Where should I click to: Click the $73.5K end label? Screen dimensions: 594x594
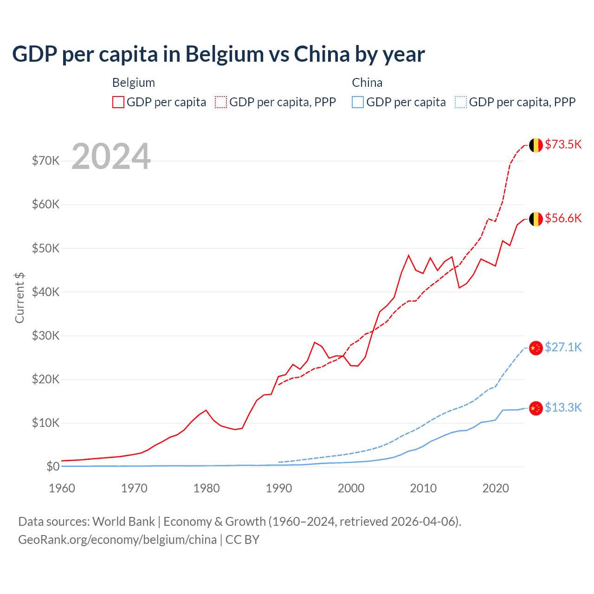(563, 144)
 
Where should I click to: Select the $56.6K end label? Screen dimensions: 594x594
(563, 218)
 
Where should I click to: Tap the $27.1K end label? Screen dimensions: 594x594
(563, 347)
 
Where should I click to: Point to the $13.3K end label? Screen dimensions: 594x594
(563, 407)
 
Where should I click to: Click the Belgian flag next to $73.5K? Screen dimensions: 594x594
(536, 145)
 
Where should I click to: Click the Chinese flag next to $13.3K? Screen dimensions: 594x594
(536, 408)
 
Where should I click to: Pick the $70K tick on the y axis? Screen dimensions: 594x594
(45, 161)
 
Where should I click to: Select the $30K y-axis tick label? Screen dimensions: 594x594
(45, 336)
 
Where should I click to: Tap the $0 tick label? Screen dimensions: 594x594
(53, 466)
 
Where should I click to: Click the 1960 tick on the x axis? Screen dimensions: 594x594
(62, 488)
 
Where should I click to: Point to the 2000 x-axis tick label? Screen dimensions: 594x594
(351, 488)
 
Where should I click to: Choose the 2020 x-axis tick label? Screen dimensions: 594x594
(496, 488)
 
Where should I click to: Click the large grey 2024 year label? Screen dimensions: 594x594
(111, 156)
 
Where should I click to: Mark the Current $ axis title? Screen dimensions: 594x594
(19, 297)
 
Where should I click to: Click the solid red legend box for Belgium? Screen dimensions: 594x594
(118, 102)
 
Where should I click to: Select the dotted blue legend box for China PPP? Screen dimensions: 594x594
(461, 102)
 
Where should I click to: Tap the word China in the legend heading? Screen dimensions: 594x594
(367, 83)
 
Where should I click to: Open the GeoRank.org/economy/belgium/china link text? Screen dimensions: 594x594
(117, 540)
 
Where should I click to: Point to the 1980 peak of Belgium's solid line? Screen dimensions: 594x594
(206, 410)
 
